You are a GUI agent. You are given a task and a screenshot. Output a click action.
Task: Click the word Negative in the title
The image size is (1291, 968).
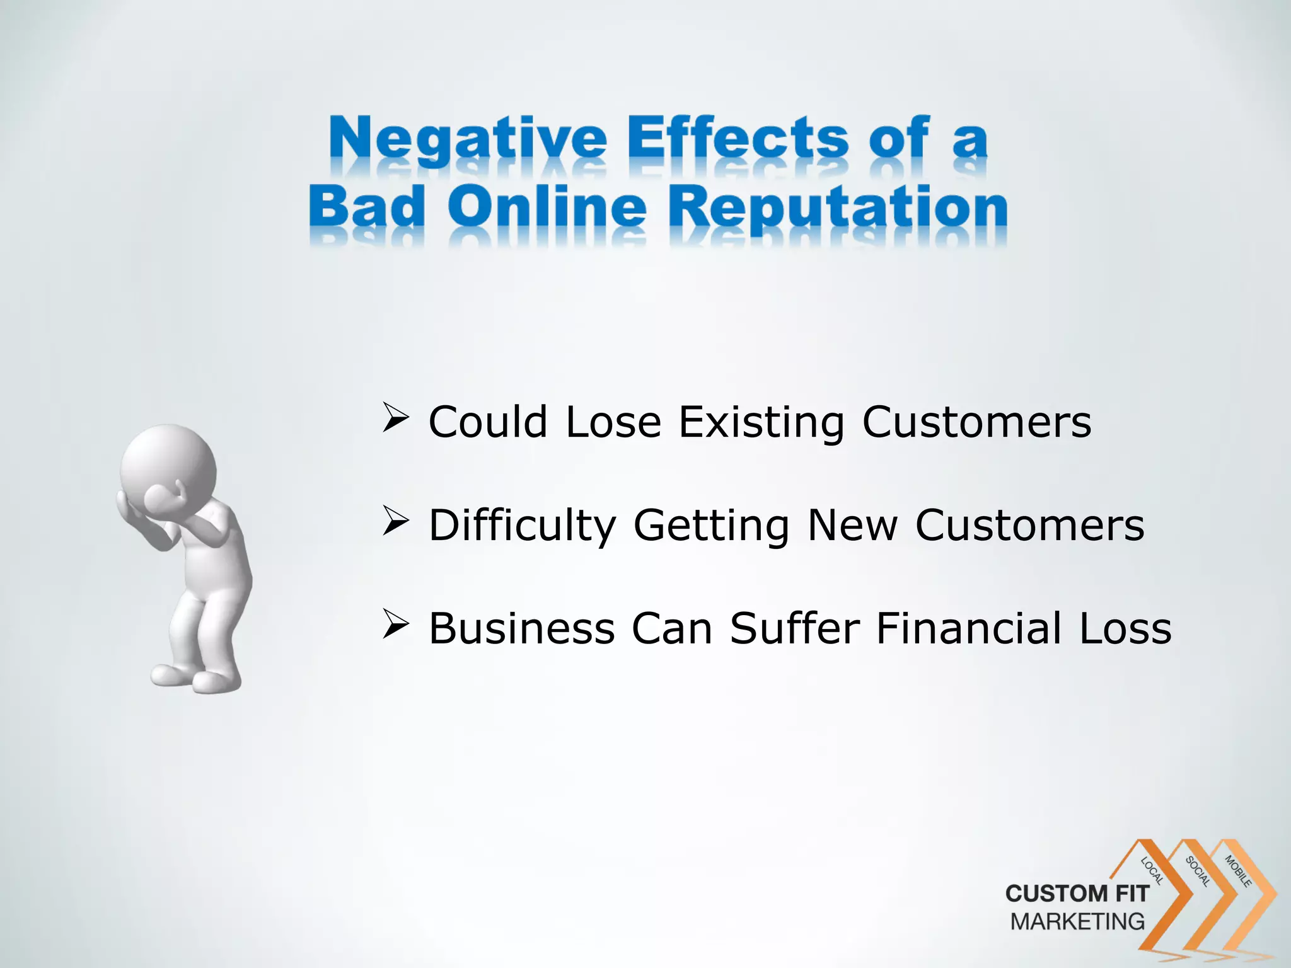click(466, 140)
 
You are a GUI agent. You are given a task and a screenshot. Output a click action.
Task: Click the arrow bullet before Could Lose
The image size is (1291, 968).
click(395, 419)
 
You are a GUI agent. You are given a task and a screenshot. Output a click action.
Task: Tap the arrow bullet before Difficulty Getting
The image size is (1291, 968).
click(395, 522)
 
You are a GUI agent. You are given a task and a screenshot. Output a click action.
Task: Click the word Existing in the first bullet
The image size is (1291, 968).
click(761, 422)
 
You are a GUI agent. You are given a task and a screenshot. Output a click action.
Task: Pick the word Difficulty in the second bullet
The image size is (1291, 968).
click(522, 526)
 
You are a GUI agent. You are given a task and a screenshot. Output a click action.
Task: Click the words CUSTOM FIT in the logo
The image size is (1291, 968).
click(1077, 894)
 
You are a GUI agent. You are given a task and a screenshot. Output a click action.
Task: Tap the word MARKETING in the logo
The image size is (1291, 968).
click(1077, 921)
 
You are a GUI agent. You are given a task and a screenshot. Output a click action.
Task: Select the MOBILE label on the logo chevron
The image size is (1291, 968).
click(1238, 871)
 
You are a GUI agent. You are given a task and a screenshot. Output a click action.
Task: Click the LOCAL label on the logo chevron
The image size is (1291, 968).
click(1152, 871)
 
